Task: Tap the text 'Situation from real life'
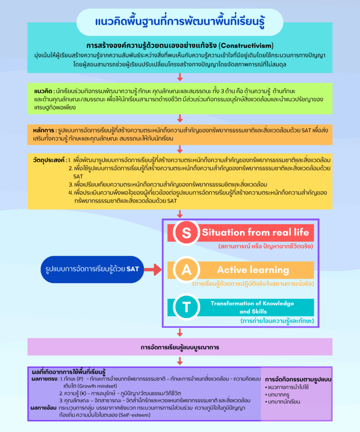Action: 255,232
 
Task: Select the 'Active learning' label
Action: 253,270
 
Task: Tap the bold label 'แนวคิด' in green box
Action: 43,91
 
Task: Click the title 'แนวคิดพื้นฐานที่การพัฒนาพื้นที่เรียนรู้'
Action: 179,22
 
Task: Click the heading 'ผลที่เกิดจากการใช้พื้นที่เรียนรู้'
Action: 69,373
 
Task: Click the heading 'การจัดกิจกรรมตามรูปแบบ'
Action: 298,379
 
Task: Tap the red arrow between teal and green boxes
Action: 180,77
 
